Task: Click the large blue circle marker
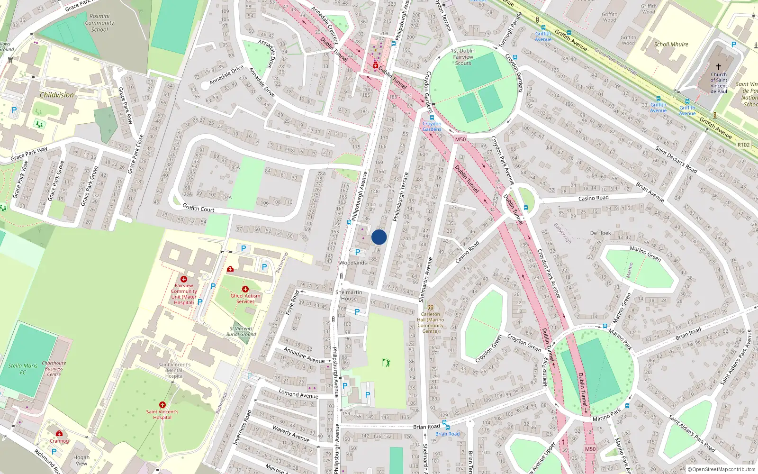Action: [379, 237]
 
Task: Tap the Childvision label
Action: [57, 95]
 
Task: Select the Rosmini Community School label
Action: [99, 23]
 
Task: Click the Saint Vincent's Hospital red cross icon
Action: [162, 405]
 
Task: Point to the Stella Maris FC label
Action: [23, 369]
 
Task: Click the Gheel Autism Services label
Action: [245, 299]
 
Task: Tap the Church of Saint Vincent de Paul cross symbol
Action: [719, 67]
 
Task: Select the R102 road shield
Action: [744, 145]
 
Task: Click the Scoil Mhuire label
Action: [671, 44]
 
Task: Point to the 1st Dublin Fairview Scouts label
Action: [463, 57]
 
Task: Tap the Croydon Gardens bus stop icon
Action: [432, 118]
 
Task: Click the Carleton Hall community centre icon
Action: [431, 308]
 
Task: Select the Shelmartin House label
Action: [349, 295]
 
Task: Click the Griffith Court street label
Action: [199, 208]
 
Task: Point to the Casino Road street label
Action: [593, 198]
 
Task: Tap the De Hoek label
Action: [600, 233]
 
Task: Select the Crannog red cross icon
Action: [59, 434]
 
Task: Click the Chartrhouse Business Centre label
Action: [54, 369]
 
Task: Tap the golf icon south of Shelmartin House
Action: [386, 363]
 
